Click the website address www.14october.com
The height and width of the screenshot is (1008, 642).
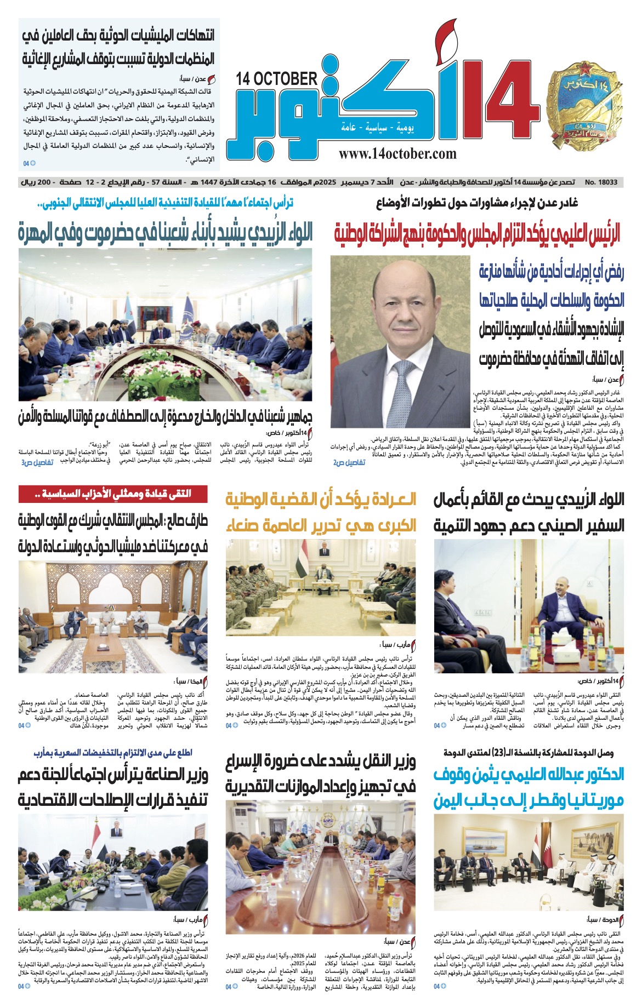point(397,154)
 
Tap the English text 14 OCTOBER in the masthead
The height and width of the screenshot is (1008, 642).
point(277,79)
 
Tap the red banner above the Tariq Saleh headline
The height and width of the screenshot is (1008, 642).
point(113,494)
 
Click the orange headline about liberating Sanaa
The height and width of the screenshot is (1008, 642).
point(321,513)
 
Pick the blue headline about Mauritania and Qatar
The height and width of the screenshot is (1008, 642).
point(529,787)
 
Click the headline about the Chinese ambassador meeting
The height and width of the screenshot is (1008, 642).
point(529,513)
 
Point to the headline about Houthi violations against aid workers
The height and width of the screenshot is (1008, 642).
point(118,47)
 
